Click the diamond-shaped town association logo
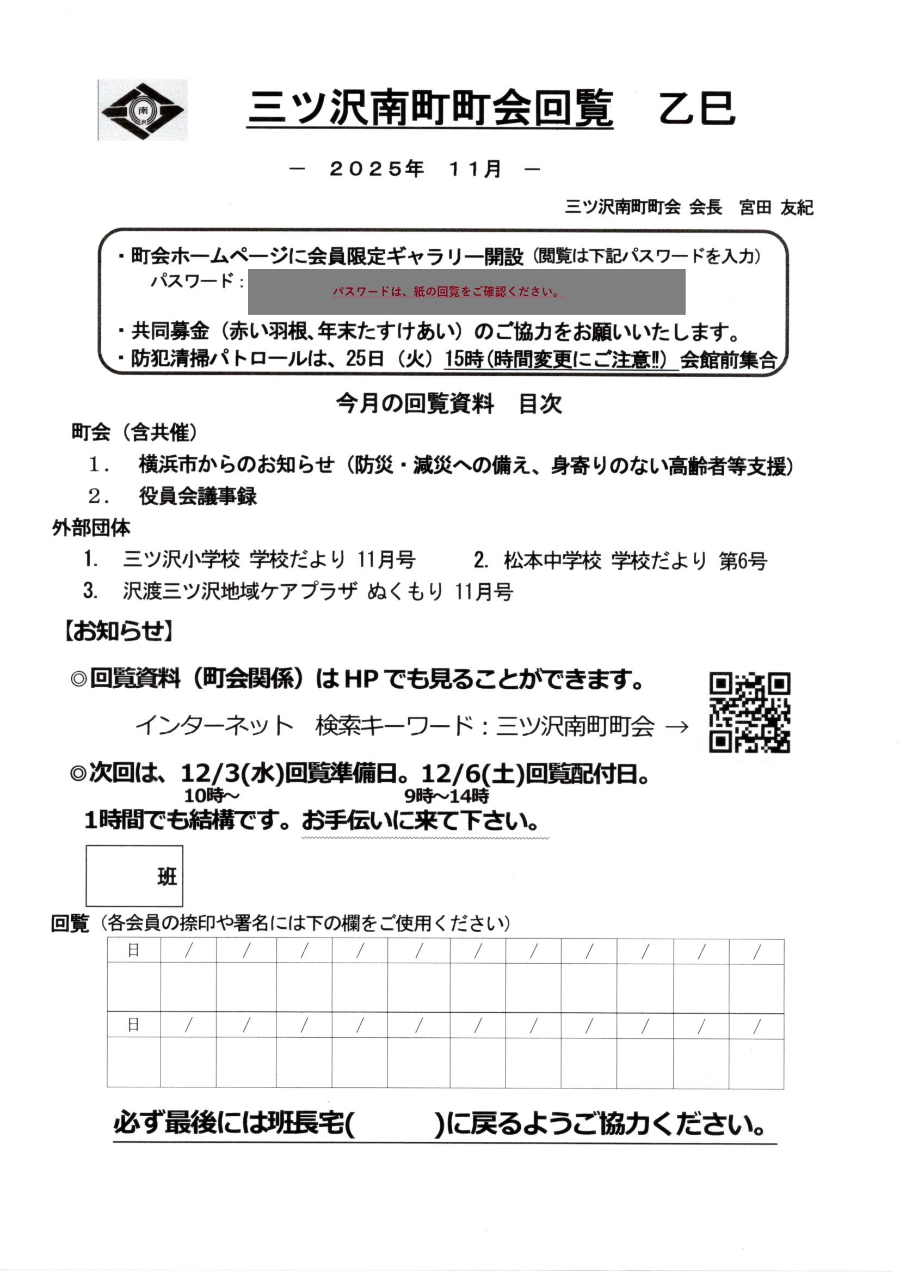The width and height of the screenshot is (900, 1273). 143,110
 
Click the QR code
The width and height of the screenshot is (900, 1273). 749,713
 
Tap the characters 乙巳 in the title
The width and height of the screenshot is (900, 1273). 696,108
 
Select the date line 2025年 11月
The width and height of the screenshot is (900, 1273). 415,169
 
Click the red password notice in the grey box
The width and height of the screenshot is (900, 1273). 448,292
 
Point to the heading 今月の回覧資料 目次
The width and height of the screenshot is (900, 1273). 449,403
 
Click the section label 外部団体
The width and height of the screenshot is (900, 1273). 91,528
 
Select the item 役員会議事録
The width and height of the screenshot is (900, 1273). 198,496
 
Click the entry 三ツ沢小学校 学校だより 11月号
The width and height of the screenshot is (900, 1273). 269,560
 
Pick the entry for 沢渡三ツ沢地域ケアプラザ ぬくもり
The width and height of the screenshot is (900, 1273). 318,592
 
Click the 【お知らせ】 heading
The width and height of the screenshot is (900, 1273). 118,631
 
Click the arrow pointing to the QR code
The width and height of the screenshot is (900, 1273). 676,726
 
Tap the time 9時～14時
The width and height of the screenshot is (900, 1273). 447,796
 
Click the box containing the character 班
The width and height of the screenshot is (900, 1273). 134,876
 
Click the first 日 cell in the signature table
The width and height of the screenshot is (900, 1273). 133,950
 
